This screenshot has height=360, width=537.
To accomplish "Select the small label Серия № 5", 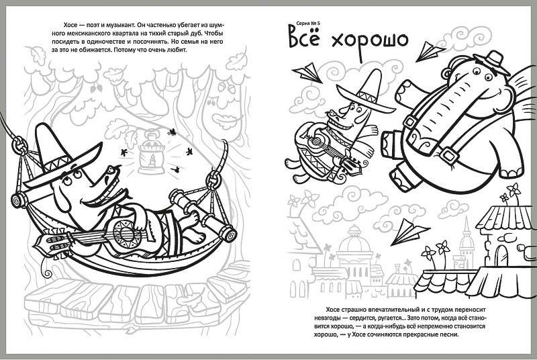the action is [x=307, y=23].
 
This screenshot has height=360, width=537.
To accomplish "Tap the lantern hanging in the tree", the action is [x=151, y=153].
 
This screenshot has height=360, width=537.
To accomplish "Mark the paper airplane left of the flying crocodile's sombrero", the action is [x=307, y=73].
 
